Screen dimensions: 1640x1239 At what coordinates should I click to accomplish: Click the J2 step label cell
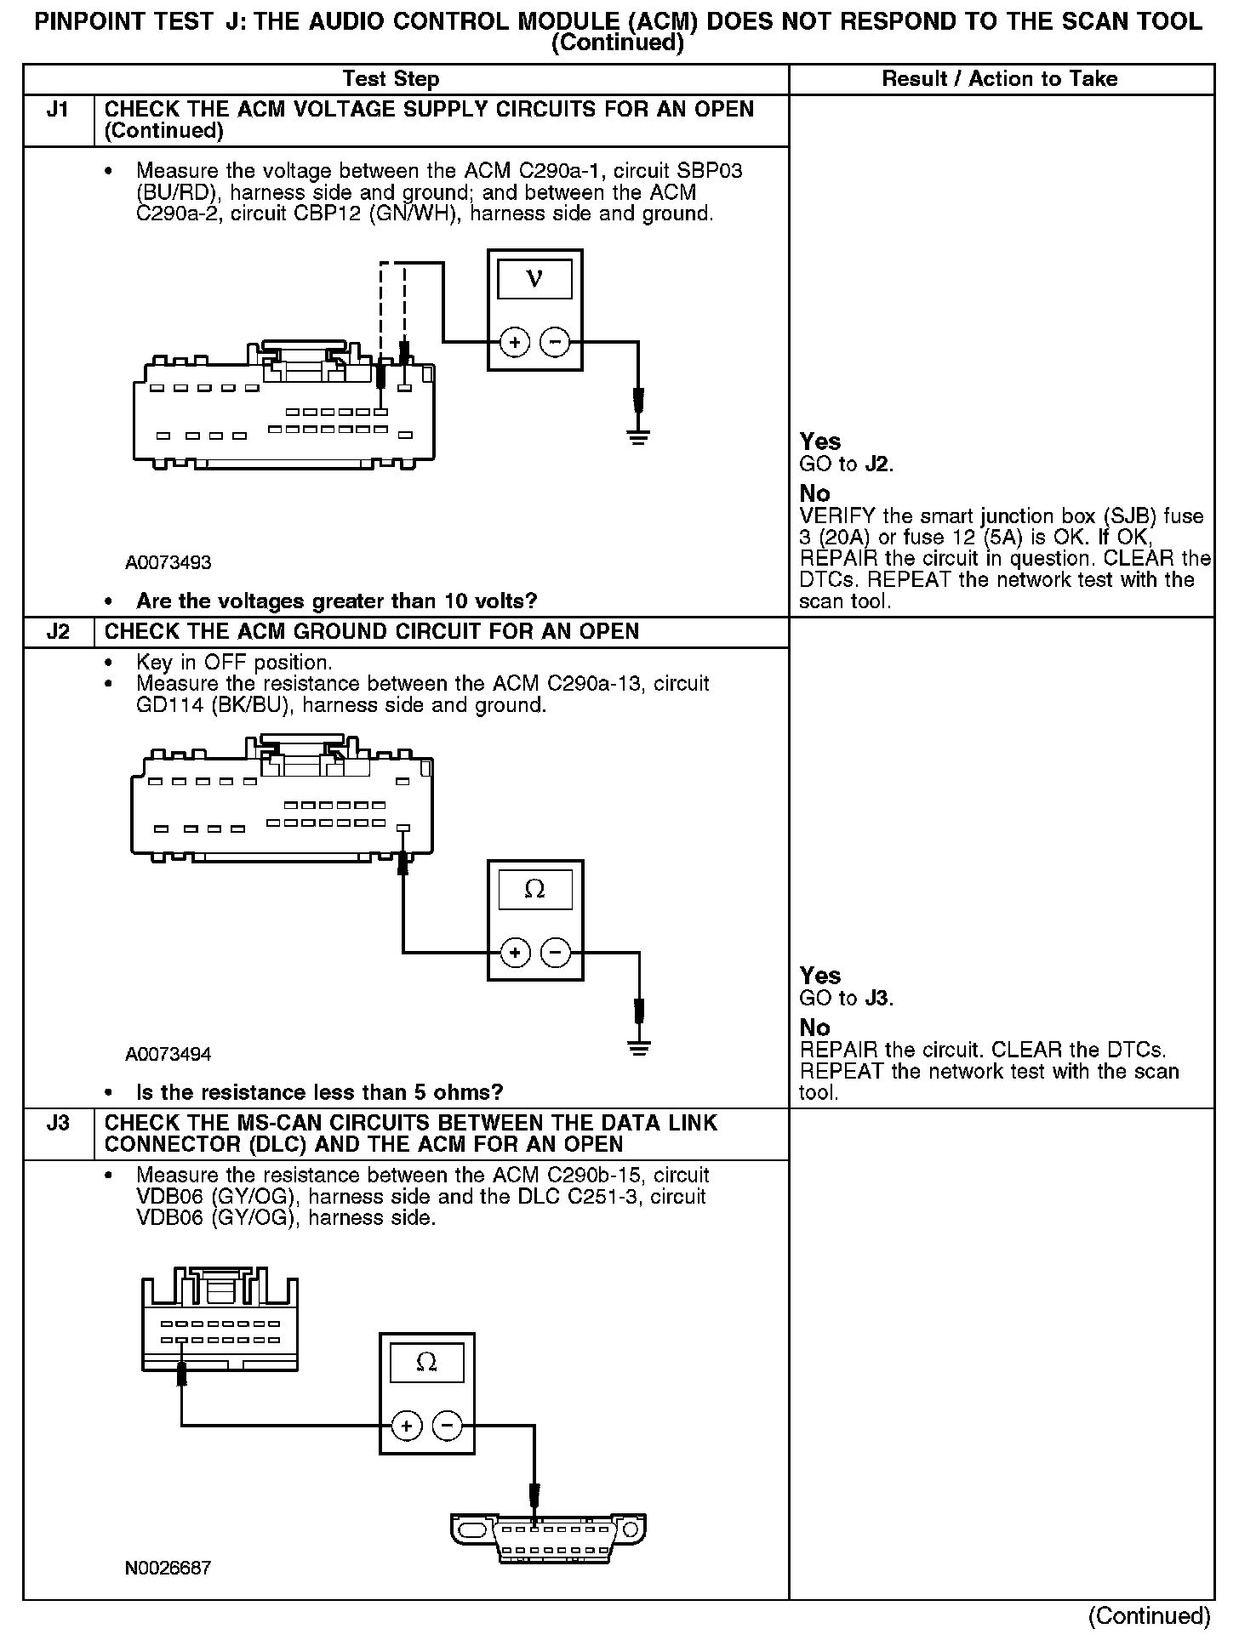tap(58, 632)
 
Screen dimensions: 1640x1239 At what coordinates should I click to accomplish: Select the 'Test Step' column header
tap(391, 79)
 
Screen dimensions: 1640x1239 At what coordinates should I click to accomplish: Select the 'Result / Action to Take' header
tap(1000, 79)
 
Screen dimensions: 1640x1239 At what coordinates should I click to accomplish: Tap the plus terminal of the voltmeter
tap(514, 343)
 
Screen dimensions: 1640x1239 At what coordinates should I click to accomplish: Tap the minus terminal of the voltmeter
tap(555, 343)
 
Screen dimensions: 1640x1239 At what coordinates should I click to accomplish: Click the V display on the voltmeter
tap(534, 279)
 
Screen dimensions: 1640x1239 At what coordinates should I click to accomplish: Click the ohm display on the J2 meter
tap(534, 890)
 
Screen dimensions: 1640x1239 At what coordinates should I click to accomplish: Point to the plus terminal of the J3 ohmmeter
tap(407, 1426)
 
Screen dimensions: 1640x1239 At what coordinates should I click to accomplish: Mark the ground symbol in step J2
tap(638, 1047)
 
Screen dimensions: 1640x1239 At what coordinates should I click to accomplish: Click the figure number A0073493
tap(168, 562)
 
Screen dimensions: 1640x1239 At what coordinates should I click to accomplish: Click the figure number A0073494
tap(168, 1054)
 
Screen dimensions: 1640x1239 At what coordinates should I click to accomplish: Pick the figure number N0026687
tap(168, 1568)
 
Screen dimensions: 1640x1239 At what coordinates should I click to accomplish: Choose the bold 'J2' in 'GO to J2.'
tap(877, 464)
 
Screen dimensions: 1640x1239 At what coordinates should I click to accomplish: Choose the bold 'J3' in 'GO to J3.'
tap(877, 999)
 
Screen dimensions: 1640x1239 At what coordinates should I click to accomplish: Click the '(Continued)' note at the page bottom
tap(1149, 1616)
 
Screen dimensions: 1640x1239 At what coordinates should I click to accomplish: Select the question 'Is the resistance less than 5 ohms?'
tap(319, 1092)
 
